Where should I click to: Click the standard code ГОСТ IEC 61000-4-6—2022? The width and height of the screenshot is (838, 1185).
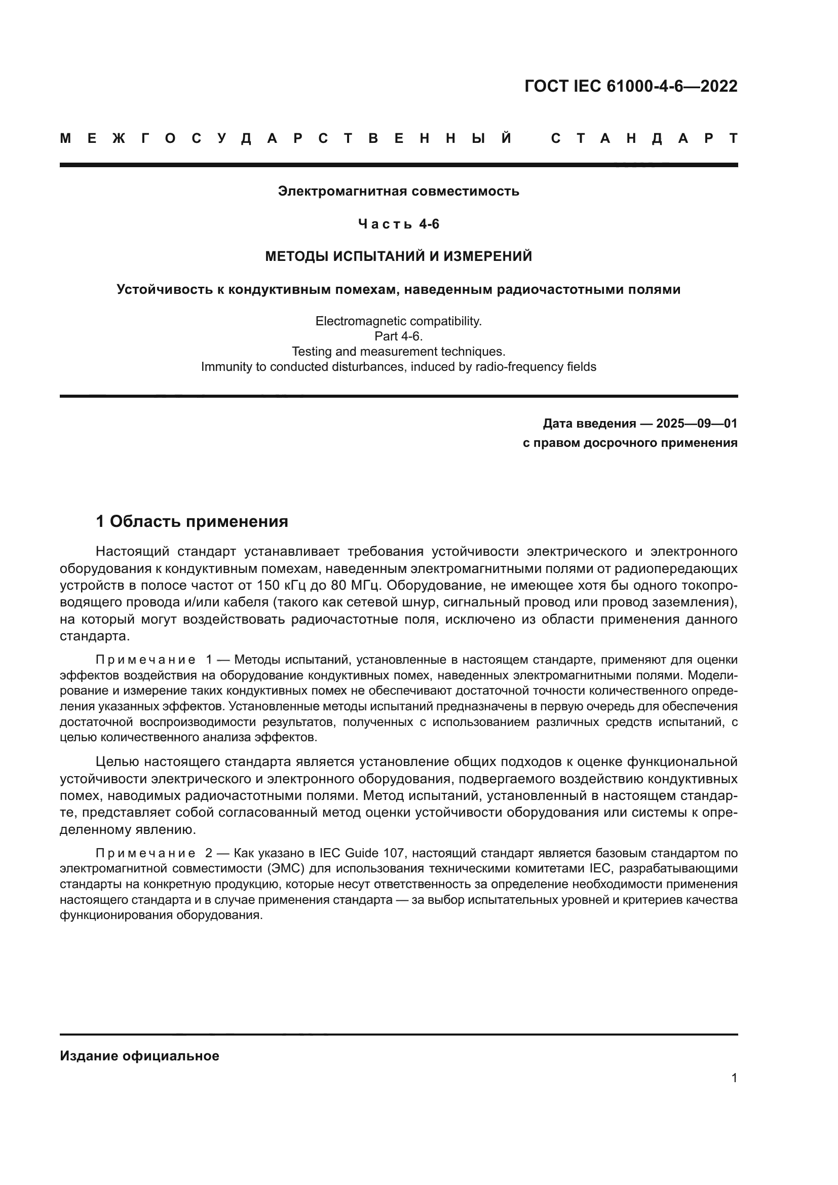[631, 86]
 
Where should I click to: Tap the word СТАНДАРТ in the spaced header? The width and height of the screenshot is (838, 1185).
[644, 138]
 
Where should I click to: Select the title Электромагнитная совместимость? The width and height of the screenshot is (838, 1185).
[398, 191]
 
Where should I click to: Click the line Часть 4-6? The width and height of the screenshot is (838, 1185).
[398, 224]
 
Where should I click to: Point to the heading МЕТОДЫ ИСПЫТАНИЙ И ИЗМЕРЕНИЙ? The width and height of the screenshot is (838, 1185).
[398, 256]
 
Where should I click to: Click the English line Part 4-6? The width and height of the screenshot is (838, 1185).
[398, 336]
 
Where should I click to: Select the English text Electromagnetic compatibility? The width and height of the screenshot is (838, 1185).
[398, 321]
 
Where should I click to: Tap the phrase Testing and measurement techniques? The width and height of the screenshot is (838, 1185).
[398, 352]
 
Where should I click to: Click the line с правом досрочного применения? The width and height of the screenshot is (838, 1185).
[630, 443]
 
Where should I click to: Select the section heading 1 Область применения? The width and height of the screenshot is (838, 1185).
[192, 521]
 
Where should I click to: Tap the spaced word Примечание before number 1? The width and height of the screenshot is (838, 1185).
[145, 660]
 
